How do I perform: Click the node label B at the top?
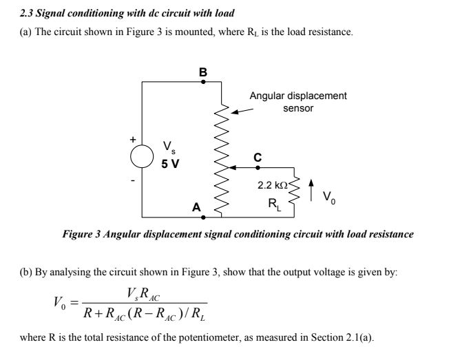[202, 71]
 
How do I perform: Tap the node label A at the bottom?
[196, 207]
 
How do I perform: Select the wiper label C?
[257, 157]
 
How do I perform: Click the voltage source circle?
[143, 156]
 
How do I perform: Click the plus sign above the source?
[134, 139]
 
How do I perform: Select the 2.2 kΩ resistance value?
[272, 185]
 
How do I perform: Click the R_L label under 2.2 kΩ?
[275, 202]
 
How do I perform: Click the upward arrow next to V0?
[314, 187]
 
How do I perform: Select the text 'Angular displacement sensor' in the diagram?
[297, 102]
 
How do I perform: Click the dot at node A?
[202, 217]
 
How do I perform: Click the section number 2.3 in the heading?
[28, 13]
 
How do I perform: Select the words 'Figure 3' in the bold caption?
[81, 234]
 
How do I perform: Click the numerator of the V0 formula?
[143, 293]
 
